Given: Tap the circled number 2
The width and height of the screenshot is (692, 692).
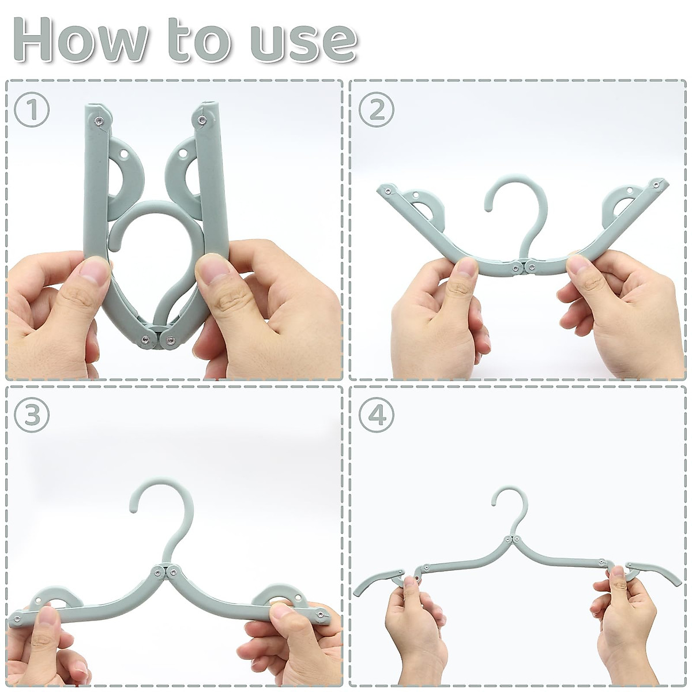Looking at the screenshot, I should click(x=377, y=109).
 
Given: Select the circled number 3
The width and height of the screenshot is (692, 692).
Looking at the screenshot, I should click(x=32, y=415).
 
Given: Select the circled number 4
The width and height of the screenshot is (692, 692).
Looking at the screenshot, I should click(x=377, y=415).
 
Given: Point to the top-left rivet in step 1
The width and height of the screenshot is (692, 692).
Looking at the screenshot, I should click(x=99, y=121).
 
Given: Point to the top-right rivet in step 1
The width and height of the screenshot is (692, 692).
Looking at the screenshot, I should click(x=202, y=120).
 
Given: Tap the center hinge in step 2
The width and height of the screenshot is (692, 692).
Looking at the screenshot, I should click(x=522, y=266).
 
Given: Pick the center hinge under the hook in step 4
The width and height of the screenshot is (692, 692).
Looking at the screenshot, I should click(x=507, y=540).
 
